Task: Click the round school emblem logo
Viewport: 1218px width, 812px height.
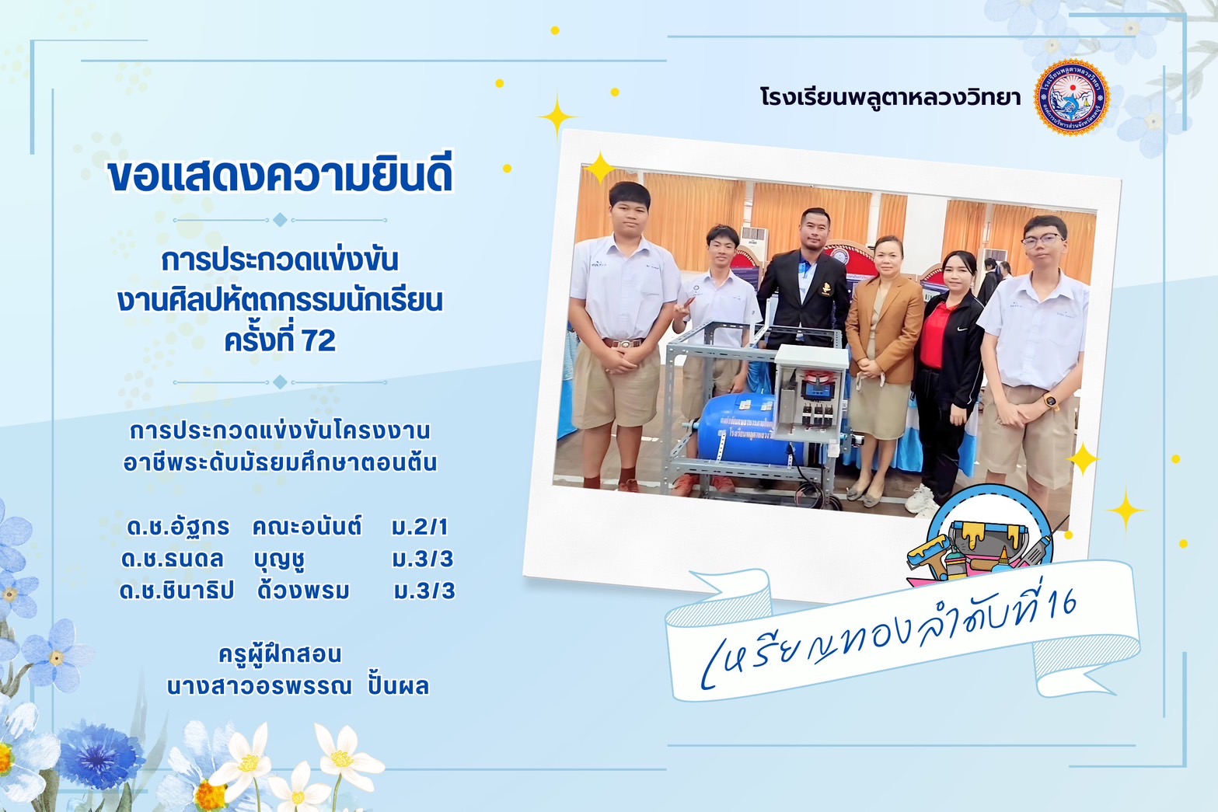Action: [1072, 97]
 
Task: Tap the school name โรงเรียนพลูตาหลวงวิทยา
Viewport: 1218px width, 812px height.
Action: [890, 98]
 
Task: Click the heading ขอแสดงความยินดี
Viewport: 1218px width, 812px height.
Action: [281, 174]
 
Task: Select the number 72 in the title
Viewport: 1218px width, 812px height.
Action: [319, 341]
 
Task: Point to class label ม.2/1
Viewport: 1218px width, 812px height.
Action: [419, 527]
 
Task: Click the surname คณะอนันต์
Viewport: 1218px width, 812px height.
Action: [307, 526]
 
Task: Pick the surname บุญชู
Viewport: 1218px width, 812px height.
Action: [280, 559]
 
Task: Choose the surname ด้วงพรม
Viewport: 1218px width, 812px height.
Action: [303, 591]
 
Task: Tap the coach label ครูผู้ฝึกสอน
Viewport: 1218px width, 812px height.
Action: [280, 653]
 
